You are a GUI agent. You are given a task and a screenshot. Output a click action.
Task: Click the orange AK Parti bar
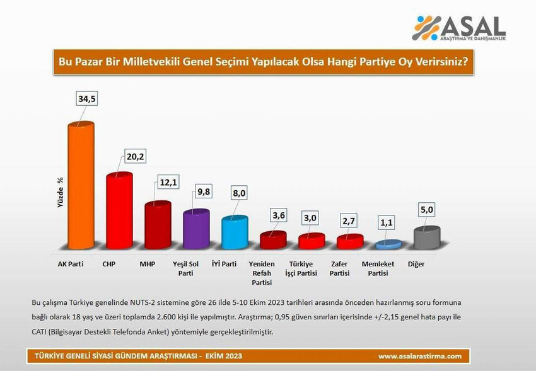81,186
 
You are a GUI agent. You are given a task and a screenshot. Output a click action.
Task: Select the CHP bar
119,211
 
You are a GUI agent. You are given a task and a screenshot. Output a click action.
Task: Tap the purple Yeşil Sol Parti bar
196,230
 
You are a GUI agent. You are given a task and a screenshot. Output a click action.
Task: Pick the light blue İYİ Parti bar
235,233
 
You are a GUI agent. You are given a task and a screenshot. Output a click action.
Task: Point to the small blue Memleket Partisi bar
388,244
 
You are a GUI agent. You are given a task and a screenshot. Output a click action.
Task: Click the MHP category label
148,265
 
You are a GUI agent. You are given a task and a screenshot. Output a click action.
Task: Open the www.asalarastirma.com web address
419,357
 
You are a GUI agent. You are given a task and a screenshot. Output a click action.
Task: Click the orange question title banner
267,63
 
